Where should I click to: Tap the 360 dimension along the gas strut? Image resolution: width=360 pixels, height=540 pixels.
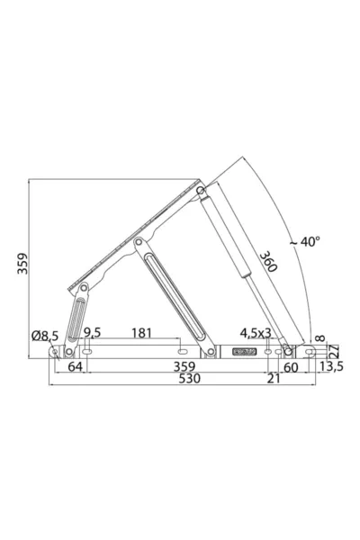267,262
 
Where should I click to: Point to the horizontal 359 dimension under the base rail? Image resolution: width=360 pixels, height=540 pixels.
184,367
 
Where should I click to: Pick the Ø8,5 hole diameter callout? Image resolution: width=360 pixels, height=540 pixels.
44,336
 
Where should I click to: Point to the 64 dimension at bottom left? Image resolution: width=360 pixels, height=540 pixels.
75,367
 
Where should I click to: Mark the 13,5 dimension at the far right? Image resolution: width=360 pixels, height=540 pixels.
334,367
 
